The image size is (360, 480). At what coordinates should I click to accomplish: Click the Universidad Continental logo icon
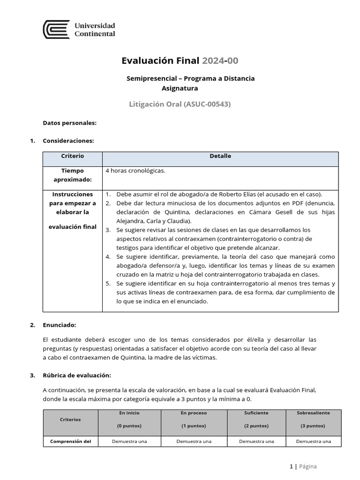[x=56, y=30]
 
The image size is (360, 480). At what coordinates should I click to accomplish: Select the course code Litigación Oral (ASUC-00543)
[x=180, y=104]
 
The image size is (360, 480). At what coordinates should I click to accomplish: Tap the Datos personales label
[x=69, y=123]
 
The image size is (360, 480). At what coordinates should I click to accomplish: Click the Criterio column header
[x=73, y=156]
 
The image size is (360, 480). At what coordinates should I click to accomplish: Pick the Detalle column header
[x=220, y=156]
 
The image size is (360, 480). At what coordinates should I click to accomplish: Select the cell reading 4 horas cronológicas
[x=135, y=171]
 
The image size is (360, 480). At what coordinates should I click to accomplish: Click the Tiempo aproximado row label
[x=72, y=175]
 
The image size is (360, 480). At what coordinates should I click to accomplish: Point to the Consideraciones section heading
[x=68, y=140]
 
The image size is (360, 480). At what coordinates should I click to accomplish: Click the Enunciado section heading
[x=59, y=324]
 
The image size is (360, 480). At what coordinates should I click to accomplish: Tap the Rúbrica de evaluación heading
[x=76, y=375]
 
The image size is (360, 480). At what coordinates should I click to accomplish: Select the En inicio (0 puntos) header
[x=129, y=420]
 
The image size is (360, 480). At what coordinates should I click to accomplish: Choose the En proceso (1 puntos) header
[x=194, y=420]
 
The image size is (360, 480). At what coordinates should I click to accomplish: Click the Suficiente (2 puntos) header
[x=256, y=420]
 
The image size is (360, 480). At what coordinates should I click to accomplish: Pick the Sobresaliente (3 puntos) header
[x=313, y=420]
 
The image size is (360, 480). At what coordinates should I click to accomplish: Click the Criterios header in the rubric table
[x=70, y=420]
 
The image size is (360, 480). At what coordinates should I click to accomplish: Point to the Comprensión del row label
[x=70, y=441]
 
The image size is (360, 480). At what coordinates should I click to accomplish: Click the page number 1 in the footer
[x=291, y=466]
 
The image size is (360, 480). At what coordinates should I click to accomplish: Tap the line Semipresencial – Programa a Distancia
[x=190, y=78]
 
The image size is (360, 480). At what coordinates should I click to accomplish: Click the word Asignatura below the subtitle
[x=180, y=88]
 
